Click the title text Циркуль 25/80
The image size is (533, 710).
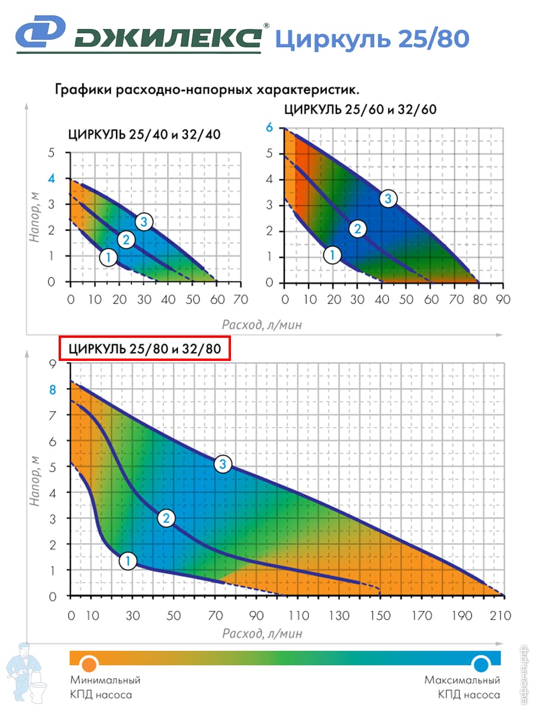[x=372, y=38]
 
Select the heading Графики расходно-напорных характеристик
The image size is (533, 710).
[x=207, y=90]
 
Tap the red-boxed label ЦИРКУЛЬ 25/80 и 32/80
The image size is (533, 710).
[x=145, y=348]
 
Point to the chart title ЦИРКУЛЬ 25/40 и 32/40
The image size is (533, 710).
[x=145, y=134]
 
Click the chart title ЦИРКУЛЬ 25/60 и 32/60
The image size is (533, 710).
[x=361, y=109]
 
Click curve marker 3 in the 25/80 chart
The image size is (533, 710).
[x=223, y=464]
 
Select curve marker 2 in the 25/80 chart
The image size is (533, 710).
[x=166, y=518]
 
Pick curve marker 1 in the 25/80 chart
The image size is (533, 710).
[x=128, y=560]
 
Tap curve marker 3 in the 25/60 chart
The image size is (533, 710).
[x=388, y=198]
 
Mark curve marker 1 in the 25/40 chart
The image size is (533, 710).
[x=108, y=257]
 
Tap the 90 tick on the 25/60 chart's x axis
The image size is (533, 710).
[x=503, y=299]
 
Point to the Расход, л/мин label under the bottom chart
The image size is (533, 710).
[x=262, y=634]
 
